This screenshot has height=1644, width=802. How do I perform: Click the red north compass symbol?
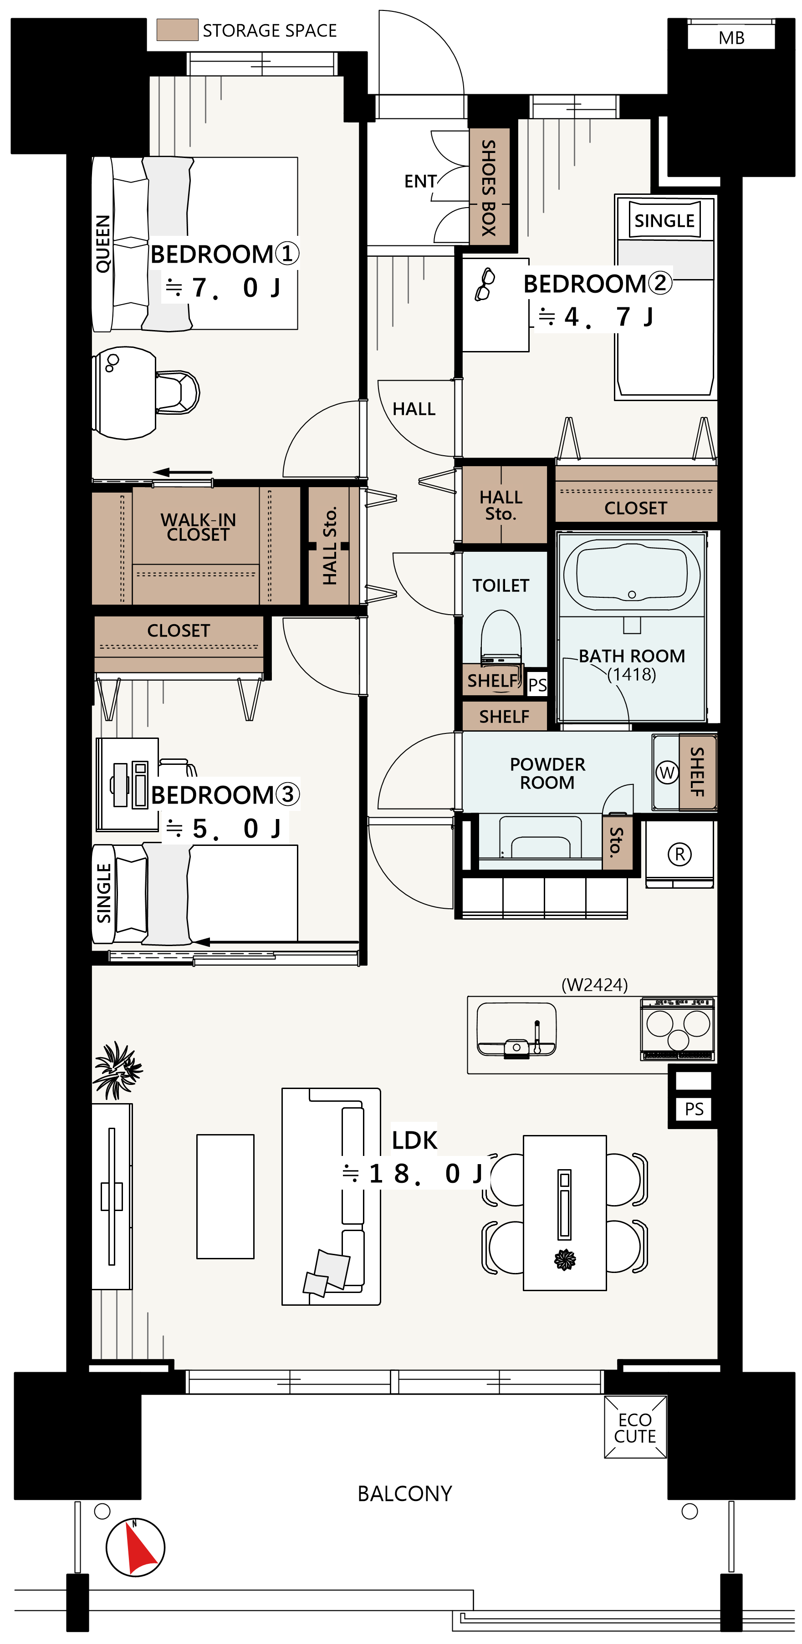tap(135, 1547)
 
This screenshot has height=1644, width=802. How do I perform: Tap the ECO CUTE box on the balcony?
tap(635, 1428)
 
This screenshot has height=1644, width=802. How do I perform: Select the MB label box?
tap(731, 37)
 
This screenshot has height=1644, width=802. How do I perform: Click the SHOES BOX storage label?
tap(489, 188)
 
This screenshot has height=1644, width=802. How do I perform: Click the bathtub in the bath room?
tap(632, 575)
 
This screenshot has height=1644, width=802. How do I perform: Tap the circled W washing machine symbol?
tap(667, 773)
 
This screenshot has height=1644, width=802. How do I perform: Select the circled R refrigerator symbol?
tap(679, 854)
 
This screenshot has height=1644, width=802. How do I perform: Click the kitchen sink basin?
tap(516, 1029)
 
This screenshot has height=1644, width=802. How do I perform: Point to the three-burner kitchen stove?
tap(678, 1029)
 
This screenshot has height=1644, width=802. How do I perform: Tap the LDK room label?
tap(414, 1140)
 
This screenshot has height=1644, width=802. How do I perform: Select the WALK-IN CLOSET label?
tap(198, 527)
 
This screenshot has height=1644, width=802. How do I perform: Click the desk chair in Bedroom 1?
tap(178, 392)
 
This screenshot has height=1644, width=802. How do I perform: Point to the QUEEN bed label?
tap(102, 244)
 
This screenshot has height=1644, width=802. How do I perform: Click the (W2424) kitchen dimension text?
tap(594, 985)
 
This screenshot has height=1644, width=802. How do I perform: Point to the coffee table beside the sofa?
tap(225, 1196)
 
